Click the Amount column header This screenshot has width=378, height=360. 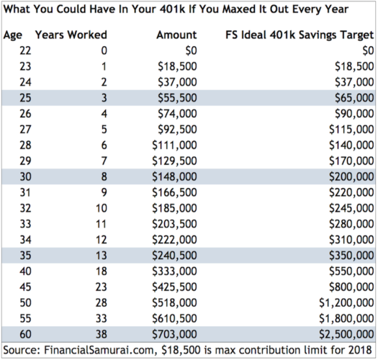[x=174, y=35]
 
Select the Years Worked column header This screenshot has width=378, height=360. [x=71, y=35]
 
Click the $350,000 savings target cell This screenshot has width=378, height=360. [x=348, y=256]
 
